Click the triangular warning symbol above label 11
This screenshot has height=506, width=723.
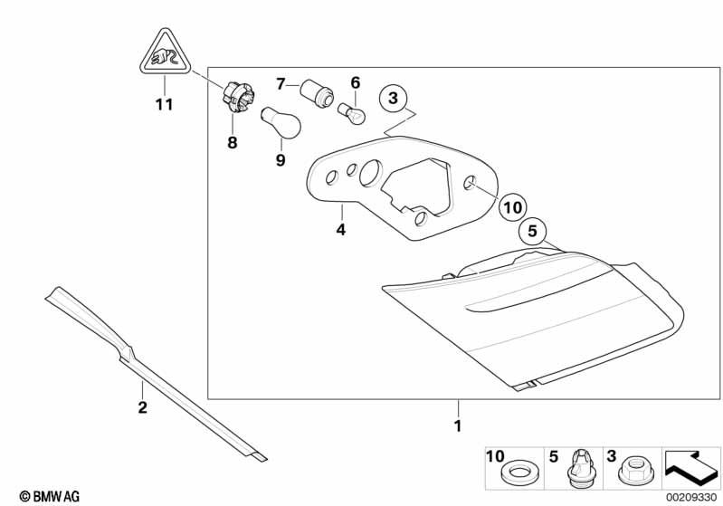click(163, 53)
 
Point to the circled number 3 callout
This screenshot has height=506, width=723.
click(393, 98)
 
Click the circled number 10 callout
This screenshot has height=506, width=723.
click(512, 207)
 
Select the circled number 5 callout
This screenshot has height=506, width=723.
click(533, 232)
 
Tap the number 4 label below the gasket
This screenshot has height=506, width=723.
click(340, 230)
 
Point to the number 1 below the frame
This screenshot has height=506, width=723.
click(458, 425)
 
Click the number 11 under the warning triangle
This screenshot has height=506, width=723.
click(163, 104)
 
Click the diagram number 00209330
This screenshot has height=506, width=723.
click(690, 497)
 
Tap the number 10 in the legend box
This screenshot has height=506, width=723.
click(494, 456)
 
